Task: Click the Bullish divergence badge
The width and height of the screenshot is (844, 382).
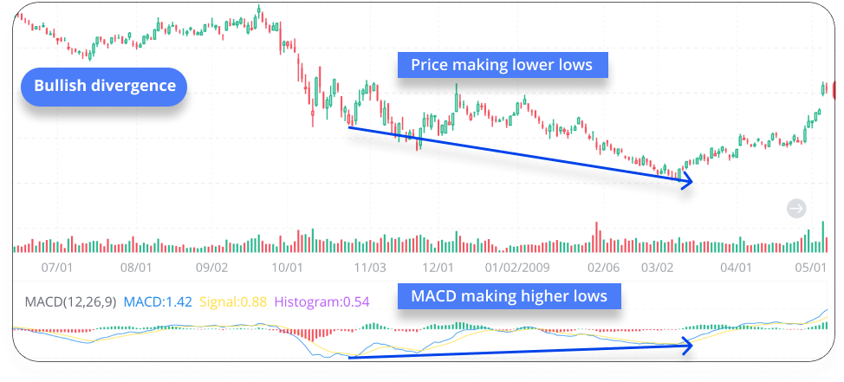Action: tap(104, 87)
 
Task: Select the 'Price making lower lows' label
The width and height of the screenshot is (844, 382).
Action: tap(502, 65)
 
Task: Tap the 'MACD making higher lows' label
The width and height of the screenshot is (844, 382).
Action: tap(509, 296)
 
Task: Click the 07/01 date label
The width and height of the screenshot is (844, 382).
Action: tap(56, 269)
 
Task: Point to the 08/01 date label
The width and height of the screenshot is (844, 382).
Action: tap(136, 269)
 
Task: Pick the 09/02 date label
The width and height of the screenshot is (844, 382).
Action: tap(212, 269)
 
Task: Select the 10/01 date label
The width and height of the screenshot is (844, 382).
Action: tap(287, 269)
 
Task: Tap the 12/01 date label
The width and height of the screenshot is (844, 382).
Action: tap(438, 269)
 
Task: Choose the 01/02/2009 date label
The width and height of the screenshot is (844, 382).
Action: tap(518, 269)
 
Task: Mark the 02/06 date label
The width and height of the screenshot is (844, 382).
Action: tap(603, 269)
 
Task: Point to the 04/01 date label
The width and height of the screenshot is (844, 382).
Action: tap(736, 269)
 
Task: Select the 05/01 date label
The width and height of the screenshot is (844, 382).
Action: tap(811, 269)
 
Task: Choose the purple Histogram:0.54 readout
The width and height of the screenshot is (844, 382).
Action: tap(322, 301)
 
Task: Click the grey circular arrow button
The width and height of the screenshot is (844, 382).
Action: tap(796, 208)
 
